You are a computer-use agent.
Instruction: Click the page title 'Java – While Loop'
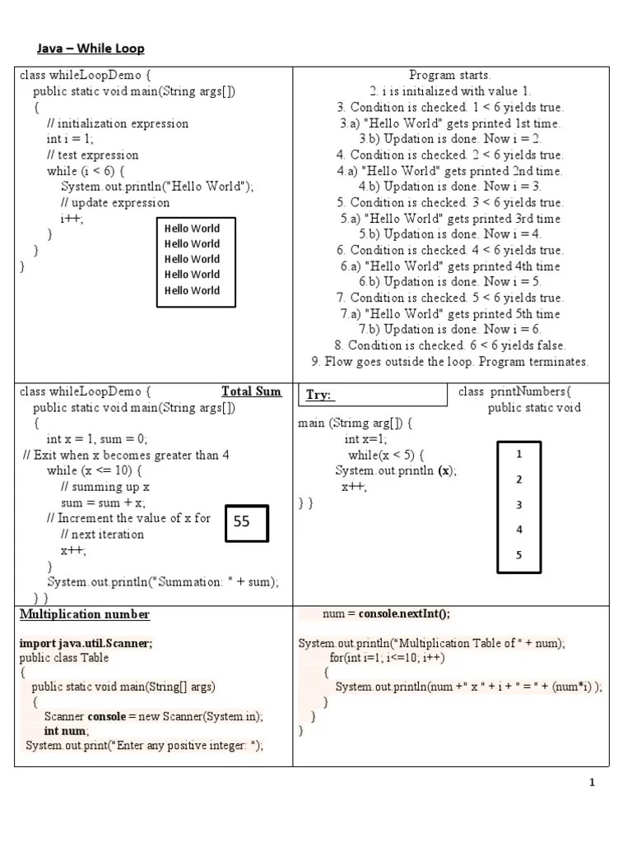click(x=91, y=49)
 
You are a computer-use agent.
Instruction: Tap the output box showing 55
click(x=246, y=521)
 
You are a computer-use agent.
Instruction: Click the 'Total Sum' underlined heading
click(x=251, y=391)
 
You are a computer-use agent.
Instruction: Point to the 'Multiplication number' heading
click(x=85, y=614)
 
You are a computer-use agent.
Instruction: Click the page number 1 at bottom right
click(x=592, y=783)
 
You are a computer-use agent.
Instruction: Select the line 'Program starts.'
click(x=449, y=76)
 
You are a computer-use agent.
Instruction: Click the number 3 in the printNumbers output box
click(x=518, y=505)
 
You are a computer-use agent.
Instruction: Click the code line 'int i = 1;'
click(x=70, y=139)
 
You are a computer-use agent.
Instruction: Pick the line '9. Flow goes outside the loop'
click(x=449, y=361)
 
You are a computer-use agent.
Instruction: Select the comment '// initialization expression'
click(x=117, y=123)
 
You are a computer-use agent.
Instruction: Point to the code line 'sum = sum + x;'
click(x=103, y=502)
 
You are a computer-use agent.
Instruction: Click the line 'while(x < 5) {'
click(x=386, y=455)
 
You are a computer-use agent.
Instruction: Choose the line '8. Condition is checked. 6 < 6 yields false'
click(x=449, y=345)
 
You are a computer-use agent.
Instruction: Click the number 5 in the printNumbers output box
click(x=518, y=555)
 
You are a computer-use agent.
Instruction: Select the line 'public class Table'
click(x=64, y=658)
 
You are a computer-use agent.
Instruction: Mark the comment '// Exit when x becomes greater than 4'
click(x=126, y=455)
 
